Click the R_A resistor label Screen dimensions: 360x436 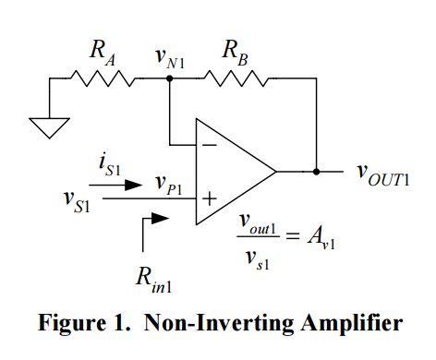[102, 53]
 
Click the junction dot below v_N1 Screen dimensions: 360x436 [169, 79]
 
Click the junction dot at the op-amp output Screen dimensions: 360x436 [317, 171]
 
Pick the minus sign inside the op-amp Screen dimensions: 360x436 [210, 145]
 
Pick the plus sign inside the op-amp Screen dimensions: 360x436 [210, 197]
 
